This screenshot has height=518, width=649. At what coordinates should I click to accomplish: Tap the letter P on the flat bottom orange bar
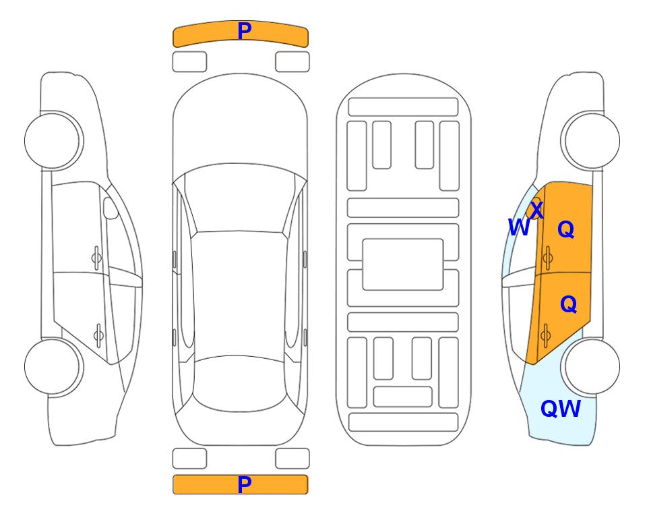point(244,484)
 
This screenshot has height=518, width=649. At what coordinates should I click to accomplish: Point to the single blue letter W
point(519,227)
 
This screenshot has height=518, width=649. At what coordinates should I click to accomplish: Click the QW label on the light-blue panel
point(561,409)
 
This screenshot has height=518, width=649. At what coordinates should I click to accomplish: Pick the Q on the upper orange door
point(566,229)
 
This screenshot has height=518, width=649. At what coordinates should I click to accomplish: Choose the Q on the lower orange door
point(568,304)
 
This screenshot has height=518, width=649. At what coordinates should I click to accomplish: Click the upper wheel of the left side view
point(53,141)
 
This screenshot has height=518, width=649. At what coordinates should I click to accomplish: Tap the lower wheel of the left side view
point(53,366)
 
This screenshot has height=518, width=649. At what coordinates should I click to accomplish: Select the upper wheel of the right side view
point(590,141)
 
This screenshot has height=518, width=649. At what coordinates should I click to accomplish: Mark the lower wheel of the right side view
point(590,366)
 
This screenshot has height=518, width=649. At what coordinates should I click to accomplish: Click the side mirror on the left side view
point(111,208)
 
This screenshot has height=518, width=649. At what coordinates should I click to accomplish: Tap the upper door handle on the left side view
point(96,258)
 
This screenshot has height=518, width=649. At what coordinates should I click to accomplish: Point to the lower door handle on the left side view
point(98,335)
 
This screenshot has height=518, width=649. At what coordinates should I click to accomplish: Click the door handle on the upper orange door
point(548,258)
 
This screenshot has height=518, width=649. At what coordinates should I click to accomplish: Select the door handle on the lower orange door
point(545,335)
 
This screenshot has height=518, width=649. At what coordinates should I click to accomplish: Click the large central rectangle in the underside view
point(403,264)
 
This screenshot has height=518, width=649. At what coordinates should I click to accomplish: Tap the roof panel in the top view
point(239,293)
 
